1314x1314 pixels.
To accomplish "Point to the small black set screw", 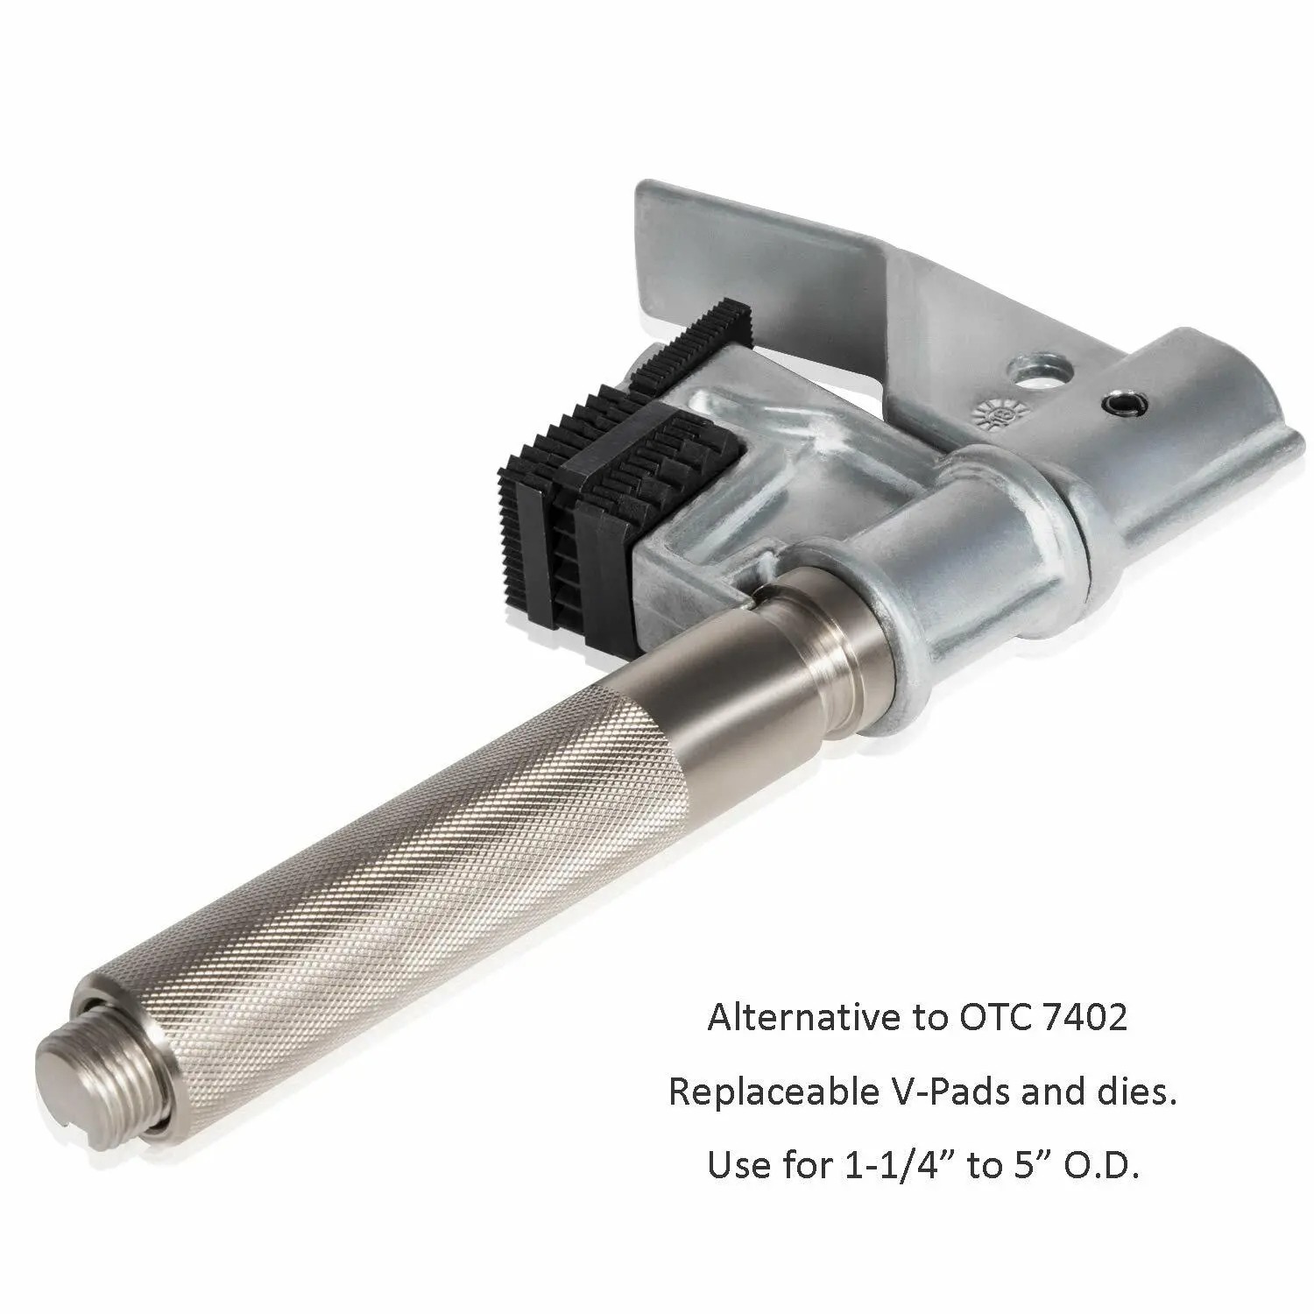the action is pyautogui.click(x=1116, y=404).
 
